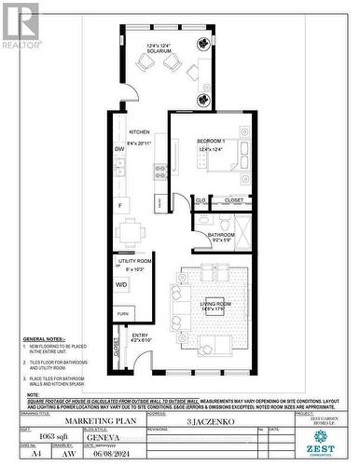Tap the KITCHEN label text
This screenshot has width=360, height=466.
tap(139, 131)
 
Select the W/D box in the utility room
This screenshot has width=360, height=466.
tap(122, 285)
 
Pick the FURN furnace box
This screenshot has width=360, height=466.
tap(122, 313)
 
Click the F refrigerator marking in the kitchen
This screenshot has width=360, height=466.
tap(119, 204)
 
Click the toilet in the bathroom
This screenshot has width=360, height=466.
tap(202, 222)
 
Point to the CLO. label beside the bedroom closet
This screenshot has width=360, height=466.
tap(200, 199)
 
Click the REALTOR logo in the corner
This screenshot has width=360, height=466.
tap(21, 24)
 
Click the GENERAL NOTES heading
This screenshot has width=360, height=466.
tap(42, 339)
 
